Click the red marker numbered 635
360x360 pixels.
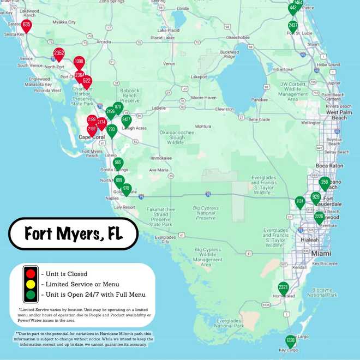pyautogui.click(x=27, y=25)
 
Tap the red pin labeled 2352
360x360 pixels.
pyautogui.click(x=59, y=53)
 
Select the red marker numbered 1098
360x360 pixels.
pyautogui.click(x=79, y=62)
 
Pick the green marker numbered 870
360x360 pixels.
pyautogui.click(x=118, y=107)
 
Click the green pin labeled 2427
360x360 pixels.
pyautogui.click(x=127, y=119)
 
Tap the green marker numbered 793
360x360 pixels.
pyautogui.click(x=112, y=130)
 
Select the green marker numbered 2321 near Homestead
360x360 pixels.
pyautogui.click(x=283, y=287)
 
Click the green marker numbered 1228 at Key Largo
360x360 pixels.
pyautogui.click(x=291, y=340)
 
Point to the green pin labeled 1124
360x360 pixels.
pyautogui.click(x=299, y=201)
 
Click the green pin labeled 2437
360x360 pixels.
pyautogui.click(x=293, y=26)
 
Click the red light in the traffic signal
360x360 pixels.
pyautogui.click(x=31, y=273)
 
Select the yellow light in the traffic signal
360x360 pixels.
pyautogui.click(x=31, y=284)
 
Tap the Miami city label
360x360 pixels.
pyautogui.click(x=321, y=254)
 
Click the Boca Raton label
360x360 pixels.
pyautogui.click(x=329, y=166)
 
